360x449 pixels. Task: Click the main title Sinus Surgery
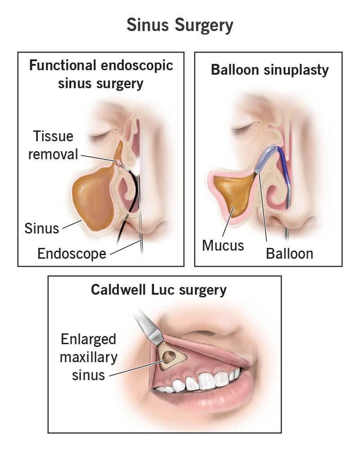tap(180, 25)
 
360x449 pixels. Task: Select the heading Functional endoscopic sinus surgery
tap(101, 74)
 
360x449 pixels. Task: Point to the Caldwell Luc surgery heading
tap(158, 290)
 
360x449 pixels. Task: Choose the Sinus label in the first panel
tap(41, 228)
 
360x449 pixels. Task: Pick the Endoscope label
tap(72, 253)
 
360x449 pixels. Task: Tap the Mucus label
tap(223, 246)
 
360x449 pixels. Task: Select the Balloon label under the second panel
tap(289, 253)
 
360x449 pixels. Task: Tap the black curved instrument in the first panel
tap(128, 211)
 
